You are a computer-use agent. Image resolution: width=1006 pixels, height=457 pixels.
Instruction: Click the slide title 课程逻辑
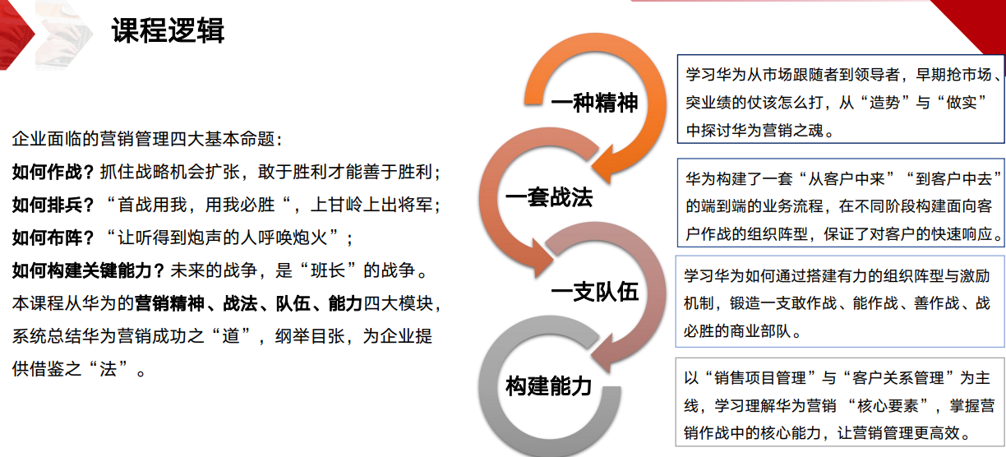[x=168, y=31]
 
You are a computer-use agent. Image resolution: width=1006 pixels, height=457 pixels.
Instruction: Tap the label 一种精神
[x=594, y=104]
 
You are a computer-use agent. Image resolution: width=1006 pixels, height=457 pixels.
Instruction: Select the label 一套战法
[x=549, y=198]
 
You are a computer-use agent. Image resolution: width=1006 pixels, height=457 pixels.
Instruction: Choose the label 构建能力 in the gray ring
[x=549, y=385]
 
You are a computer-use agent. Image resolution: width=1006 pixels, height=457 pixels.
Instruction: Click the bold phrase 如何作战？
[x=53, y=173]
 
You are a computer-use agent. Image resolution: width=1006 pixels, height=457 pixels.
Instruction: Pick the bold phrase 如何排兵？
[x=53, y=205]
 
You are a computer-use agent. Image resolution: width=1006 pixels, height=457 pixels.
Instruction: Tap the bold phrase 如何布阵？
[x=53, y=238]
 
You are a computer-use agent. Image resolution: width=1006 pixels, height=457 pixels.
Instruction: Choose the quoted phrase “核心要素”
[x=894, y=405]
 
